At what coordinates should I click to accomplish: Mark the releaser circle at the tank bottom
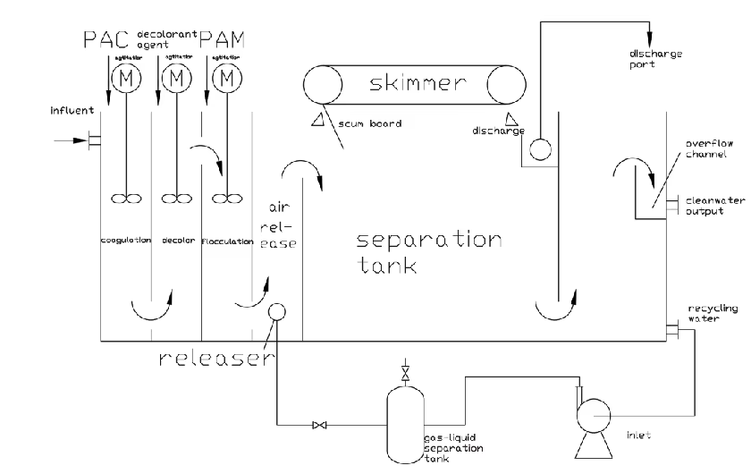tap(276, 312)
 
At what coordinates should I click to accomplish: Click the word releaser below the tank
tap(215, 359)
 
